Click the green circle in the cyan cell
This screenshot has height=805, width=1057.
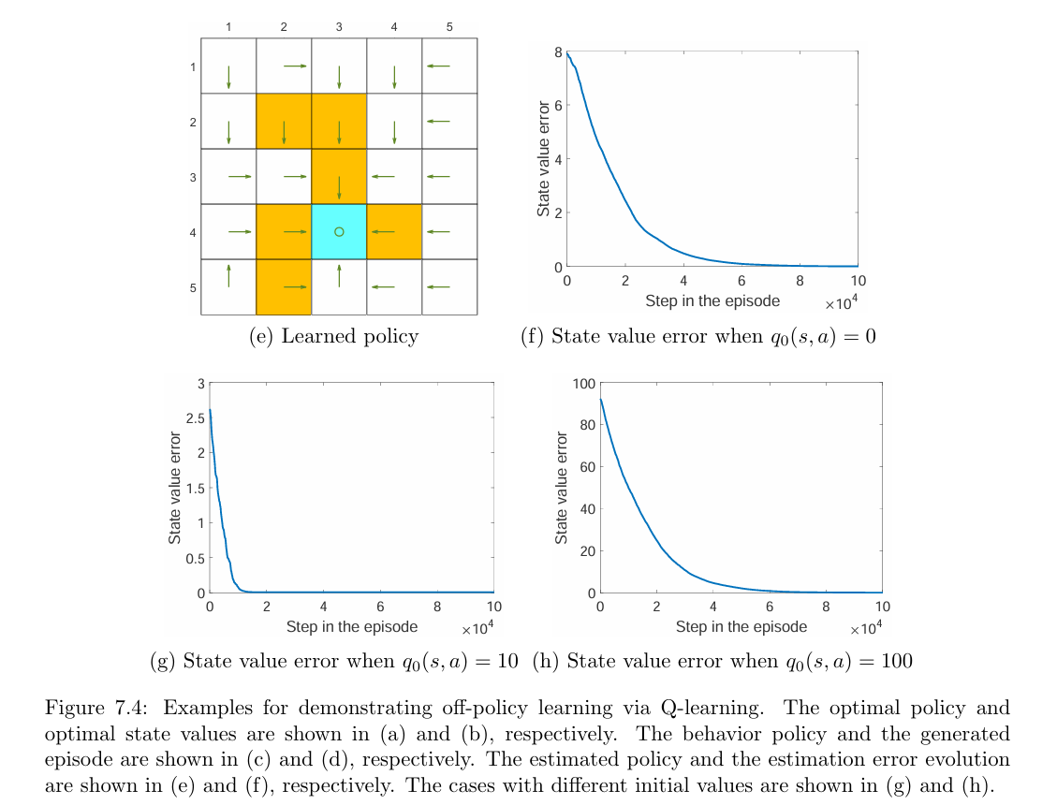point(339,231)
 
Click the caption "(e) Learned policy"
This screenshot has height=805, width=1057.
point(333,337)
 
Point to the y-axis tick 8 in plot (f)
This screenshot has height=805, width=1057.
point(557,52)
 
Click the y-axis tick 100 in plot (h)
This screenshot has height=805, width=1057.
point(583,384)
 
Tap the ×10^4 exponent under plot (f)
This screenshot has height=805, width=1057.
point(842,304)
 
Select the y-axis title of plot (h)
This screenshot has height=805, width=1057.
point(562,488)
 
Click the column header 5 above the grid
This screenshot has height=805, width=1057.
point(449,28)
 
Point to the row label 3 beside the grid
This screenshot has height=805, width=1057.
point(192,177)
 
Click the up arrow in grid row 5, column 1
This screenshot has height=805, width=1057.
point(228,274)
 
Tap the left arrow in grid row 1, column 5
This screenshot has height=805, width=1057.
point(438,66)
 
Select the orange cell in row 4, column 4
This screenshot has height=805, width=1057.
point(394,231)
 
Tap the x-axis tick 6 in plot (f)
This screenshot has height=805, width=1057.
point(741,280)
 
